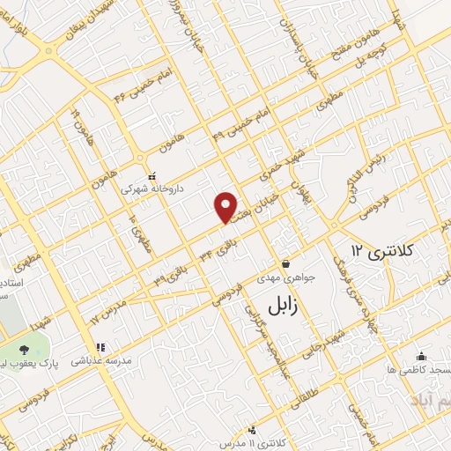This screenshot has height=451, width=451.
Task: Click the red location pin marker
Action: click(225, 207)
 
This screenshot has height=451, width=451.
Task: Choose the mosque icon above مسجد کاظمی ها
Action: click(421, 357)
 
